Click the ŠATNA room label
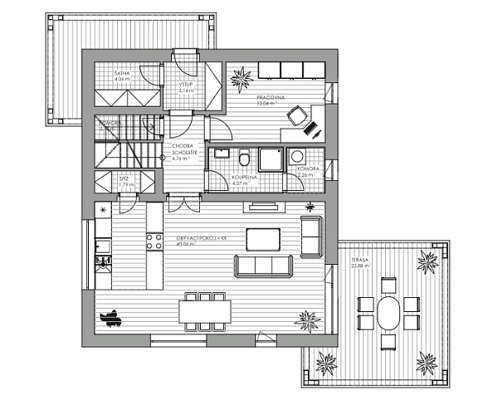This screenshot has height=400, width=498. click(121, 75)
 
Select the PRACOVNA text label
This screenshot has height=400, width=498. click(271, 98)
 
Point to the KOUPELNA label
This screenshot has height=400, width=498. click(244, 178)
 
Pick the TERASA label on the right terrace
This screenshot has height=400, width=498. click(359, 260)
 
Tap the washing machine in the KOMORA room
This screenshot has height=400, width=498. click(297, 155)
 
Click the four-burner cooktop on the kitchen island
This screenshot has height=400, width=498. click(154, 241)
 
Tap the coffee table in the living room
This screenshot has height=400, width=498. click(263, 238)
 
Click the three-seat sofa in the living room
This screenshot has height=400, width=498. click(264, 266)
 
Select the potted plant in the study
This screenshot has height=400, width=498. click(243, 78)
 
